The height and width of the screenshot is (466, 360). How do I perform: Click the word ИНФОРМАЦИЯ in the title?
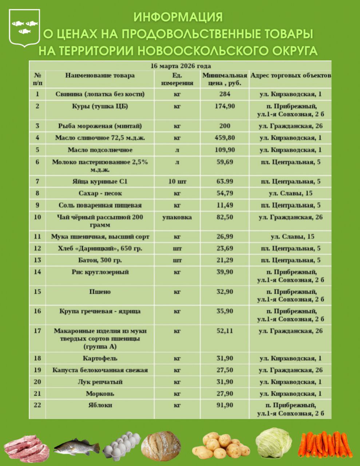click(x=178, y=17)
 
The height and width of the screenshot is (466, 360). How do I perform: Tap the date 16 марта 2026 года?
click(x=180, y=66)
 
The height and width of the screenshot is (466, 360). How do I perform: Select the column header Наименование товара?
click(x=100, y=75)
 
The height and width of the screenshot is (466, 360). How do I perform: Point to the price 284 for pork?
click(x=225, y=94)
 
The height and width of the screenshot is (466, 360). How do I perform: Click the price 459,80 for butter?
click(x=226, y=138)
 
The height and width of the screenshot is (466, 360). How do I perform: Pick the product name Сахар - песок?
click(x=100, y=193)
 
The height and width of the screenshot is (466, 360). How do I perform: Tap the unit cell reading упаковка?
click(x=177, y=217)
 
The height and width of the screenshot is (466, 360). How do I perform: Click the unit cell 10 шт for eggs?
click(x=177, y=181)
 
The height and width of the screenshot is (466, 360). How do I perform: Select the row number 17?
click(x=37, y=331)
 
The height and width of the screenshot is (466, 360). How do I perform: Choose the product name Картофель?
click(x=100, y=358)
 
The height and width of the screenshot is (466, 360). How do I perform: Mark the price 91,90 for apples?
click(x=225, y=405)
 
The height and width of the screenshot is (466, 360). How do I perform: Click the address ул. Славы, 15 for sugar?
click(x=290, y=193)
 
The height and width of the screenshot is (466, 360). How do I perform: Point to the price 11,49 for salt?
click(x=225, y=205)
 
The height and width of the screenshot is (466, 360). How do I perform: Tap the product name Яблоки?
click(x=100, y=405)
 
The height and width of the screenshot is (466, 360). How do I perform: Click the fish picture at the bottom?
click(x=77, y=446)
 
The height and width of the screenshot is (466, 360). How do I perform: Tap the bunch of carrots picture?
click(x=325, y=444)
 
